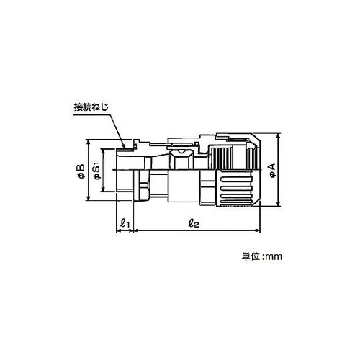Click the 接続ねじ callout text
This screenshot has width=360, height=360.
coord(91,107)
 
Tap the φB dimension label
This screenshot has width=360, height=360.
coord(81,171)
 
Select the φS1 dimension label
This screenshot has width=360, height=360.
coord(96,172)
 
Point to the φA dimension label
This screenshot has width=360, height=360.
coord(273,171)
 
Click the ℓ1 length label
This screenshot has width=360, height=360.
coord(125,223)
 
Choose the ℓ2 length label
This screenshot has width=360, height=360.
coord(194,223)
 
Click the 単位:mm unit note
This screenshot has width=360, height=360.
coord(262,257)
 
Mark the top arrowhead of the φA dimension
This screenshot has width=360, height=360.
coord(279,136)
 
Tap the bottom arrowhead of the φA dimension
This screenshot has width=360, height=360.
coord(279,204)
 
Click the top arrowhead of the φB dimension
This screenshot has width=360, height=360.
coord(89,142)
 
